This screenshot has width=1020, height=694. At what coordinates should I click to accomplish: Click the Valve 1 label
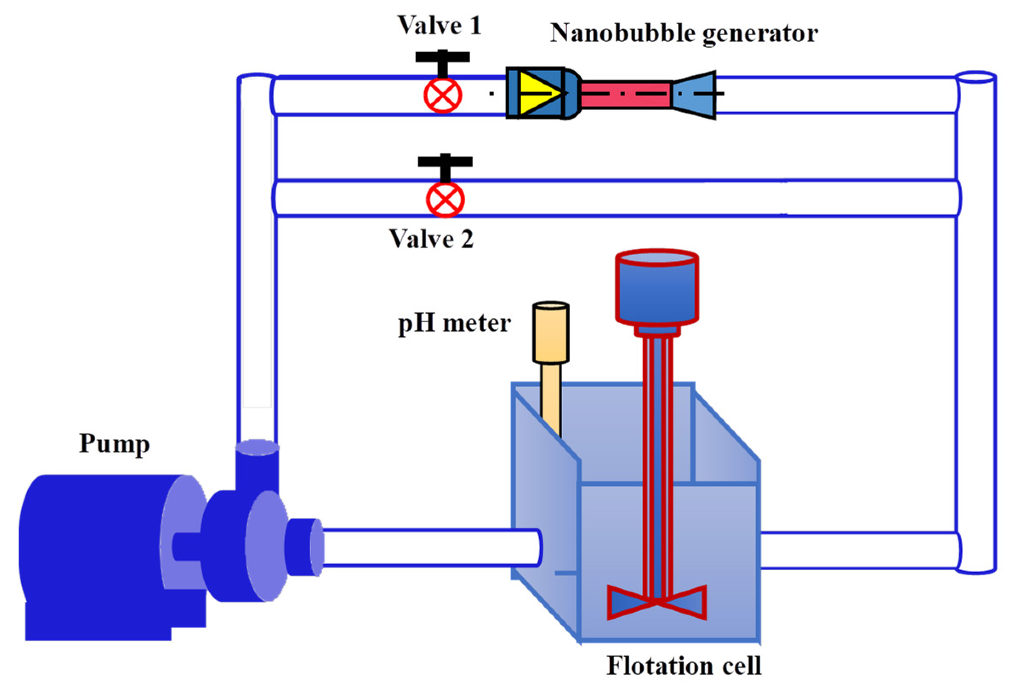point(439,26)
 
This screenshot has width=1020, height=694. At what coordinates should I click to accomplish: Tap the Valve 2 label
point(431,240)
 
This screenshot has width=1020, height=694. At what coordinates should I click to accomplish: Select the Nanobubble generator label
point(683,33)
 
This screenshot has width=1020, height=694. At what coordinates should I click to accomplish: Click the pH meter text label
point(454,324)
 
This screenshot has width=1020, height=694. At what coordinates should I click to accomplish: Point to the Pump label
point(114,444)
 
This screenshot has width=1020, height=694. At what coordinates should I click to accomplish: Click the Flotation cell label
point(683,666)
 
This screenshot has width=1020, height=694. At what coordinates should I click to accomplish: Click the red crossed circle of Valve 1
point(443,95)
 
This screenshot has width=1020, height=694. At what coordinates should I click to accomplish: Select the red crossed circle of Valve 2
point(445,199)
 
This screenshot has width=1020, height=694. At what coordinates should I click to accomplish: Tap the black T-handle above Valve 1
point(443,57)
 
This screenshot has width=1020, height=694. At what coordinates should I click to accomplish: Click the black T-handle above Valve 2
point(445,162)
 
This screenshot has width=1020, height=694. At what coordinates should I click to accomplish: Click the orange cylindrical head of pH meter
point(551,332)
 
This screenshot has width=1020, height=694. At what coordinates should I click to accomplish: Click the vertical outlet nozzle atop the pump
point(257,465)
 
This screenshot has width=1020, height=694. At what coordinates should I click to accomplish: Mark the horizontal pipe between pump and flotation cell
point(430,547)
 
